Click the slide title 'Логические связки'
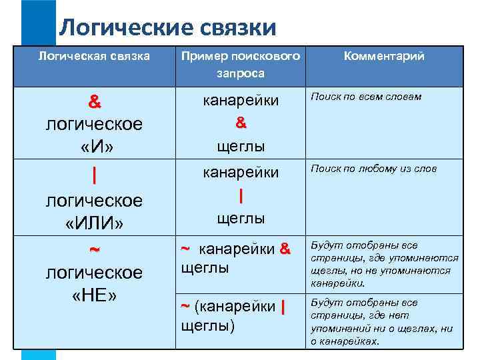tap(167, 28)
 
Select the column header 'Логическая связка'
tap(93, 56)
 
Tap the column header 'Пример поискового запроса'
tap(241, 65)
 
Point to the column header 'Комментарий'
tap(383, 57)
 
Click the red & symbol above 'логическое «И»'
tap(95, 103)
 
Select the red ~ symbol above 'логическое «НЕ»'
tap(95, 249)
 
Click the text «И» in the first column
tap(94, 146)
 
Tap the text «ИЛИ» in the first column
tap(94, 222)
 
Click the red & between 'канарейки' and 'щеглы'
tap(241, 123)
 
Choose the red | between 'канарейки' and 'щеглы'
tap(241, 195)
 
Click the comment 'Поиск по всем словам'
tap(366, 97)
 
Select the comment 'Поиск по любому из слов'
tap(374, 169)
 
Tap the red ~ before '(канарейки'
tap(186, 306)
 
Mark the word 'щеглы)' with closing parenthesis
tap(207, 326)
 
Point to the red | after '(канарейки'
tap(284, 307)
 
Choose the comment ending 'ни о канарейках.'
tap(382, 322)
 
